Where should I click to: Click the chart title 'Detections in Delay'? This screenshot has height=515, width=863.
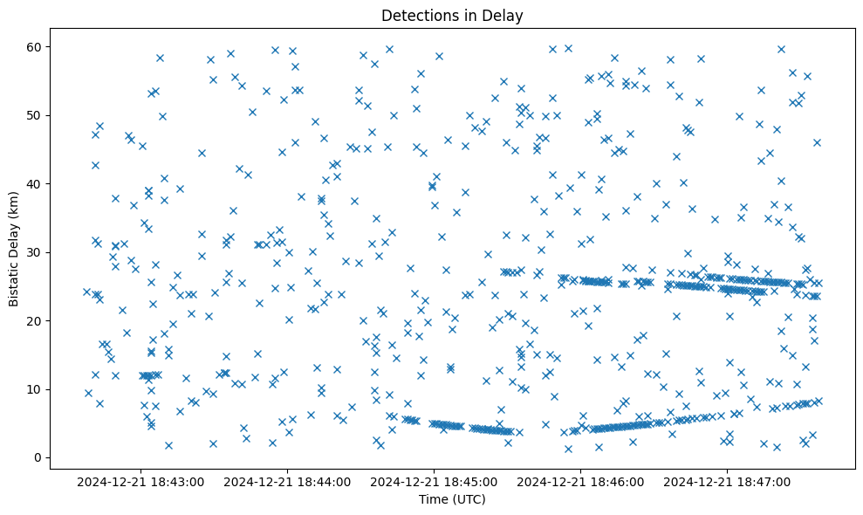(452, 15)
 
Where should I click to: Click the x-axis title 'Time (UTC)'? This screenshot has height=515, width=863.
(452, 499)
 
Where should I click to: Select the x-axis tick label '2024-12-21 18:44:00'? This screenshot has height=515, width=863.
(287, 482)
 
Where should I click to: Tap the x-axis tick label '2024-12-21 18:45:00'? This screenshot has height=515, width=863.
(434, 482)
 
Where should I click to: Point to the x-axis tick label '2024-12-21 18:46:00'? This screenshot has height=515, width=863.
(580, 482)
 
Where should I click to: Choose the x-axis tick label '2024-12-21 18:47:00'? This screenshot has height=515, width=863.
(727, 482)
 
